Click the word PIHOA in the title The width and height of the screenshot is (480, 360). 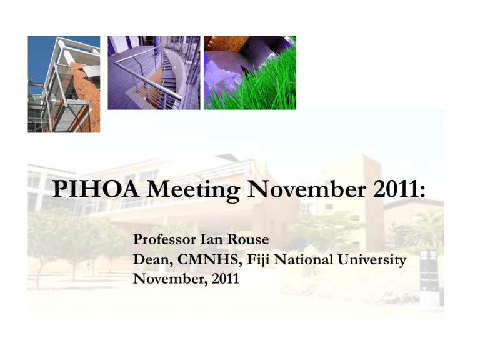tap(96, 189)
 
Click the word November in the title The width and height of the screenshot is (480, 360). tap(306, 189)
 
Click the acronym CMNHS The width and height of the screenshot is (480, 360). tap(210, 259)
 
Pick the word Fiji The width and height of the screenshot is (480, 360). tap(259, 261)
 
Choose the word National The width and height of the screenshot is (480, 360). tap(304, 259)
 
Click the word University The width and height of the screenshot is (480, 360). tap(372, 261)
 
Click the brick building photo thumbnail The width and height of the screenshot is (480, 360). tap(64, 84)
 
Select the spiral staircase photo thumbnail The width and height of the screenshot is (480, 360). tap(154, 72)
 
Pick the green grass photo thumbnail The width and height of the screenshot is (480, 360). tap(250, 72)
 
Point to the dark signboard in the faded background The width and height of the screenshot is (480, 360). tap(429, 270)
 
